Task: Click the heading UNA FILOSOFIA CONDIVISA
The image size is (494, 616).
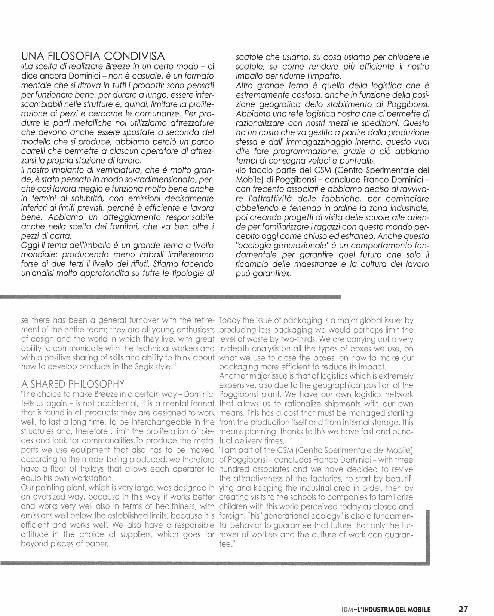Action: point(93,57)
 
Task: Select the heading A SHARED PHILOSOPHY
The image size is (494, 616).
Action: point(73,384)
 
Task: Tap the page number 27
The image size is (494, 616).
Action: point(463,609)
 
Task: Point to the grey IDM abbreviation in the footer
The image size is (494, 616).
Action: point(347,609)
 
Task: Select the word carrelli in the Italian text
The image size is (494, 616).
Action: point(35,151)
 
